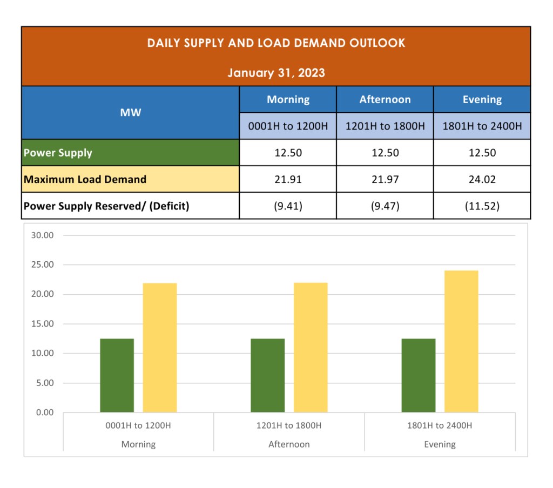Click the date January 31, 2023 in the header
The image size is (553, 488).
click(276, 72)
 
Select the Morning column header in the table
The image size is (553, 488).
click(288, 99)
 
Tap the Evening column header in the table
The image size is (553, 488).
click(482, 99)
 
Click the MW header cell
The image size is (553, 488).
click(130, 112)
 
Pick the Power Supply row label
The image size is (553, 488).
click(58, 153)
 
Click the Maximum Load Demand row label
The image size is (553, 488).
click(85, 179)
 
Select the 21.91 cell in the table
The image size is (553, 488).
click(288, 179)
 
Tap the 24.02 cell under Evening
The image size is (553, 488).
click(482, 179)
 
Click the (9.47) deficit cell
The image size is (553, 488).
click(385, 206)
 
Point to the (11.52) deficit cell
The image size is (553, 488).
click(482, 206)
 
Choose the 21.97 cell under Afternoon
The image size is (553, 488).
click(385, 179)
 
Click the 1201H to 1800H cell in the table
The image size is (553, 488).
click(385, 126)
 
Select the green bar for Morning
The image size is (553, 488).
click(117, 375)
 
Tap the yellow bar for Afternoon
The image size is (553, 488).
click(311, 347)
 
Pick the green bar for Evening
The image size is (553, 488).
click(419, 375)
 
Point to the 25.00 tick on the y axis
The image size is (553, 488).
click(43, 265)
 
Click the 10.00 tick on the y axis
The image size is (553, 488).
click(43, 354)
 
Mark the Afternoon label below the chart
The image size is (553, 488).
click(289, 444)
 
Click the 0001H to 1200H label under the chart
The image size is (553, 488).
click(138, 425)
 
